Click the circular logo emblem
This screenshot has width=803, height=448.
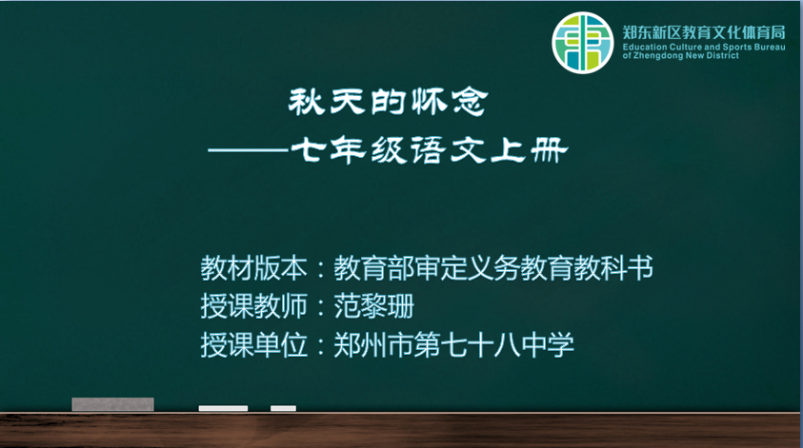coord(582,43)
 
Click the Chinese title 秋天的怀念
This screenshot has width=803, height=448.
coord(389,102)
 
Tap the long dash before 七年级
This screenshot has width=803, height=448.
coord(249,150)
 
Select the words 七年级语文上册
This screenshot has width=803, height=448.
coord(430,150)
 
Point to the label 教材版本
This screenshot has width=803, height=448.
coord(254,268)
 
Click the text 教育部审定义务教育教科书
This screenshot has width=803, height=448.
coord(493,268)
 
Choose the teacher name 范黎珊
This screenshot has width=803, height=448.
coord(373,306)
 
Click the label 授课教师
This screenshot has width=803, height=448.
coord(254,306)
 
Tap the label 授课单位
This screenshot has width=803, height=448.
coord(254,344)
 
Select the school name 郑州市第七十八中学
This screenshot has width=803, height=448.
coord(453,344)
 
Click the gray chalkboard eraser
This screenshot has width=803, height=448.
coord(112,404)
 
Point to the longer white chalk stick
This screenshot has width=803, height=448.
coord(223,408)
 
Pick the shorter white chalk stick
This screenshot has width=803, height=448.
coord(283,408)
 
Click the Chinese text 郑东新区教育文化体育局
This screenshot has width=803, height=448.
coord(704,32)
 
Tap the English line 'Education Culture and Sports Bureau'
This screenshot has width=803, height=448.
coord(704,47)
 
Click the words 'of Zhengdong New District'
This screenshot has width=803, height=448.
coord(681,56)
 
